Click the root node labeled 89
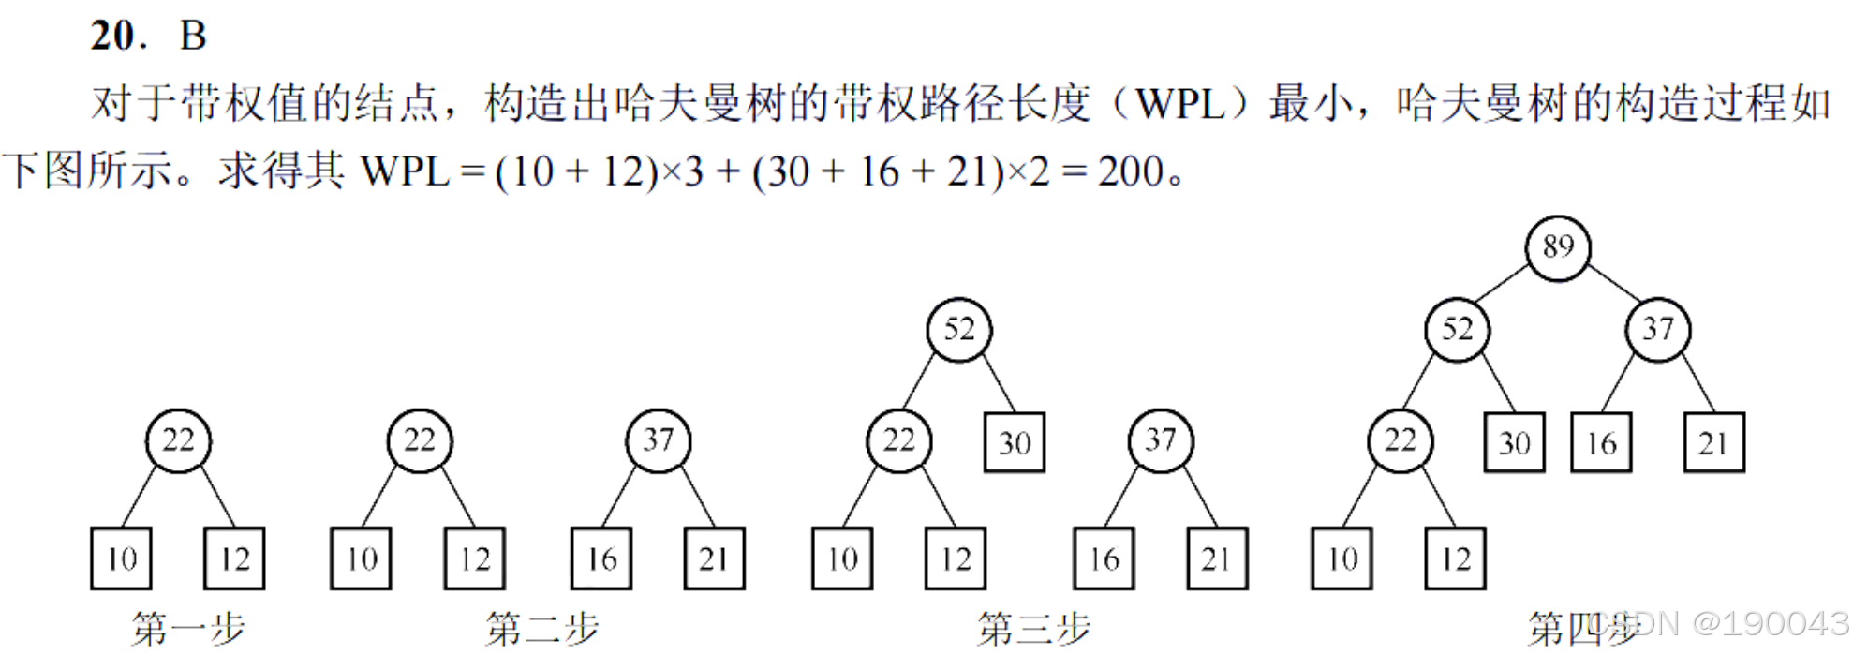coord(1558,247)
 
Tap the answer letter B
coord(193,36)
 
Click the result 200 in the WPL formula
coord(1131,171)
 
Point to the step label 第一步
coord(187,628)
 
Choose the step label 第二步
coord(541,628)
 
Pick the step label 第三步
coord(1033,628)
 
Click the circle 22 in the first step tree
coord(178,440)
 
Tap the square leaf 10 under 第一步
coord(122,558)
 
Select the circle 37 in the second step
coord(658,440)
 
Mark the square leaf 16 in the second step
coord(601,558)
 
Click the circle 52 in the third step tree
coord(958,329)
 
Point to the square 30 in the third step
coord(1015,442)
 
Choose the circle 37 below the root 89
coord(1657,329)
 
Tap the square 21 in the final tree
coord(1713,442)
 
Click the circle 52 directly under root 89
coord(1457,329)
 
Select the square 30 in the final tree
coord(1515,442)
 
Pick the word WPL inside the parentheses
coord(1179,104)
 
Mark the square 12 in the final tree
coord(1455,558)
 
